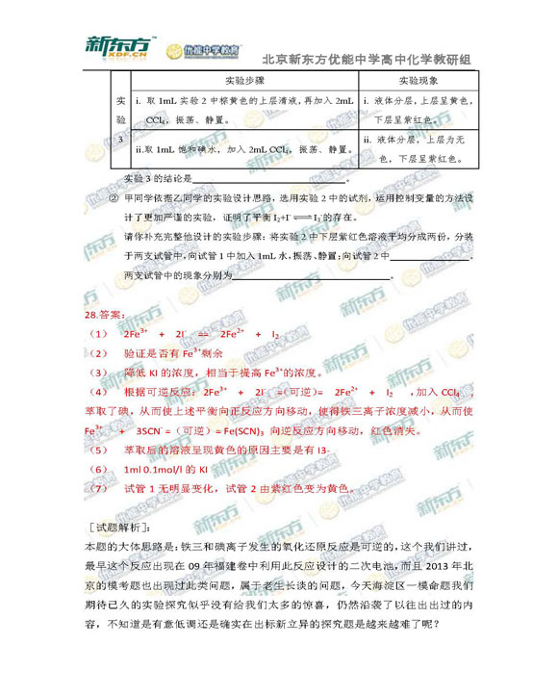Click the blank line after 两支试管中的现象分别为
tap(313, 275)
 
